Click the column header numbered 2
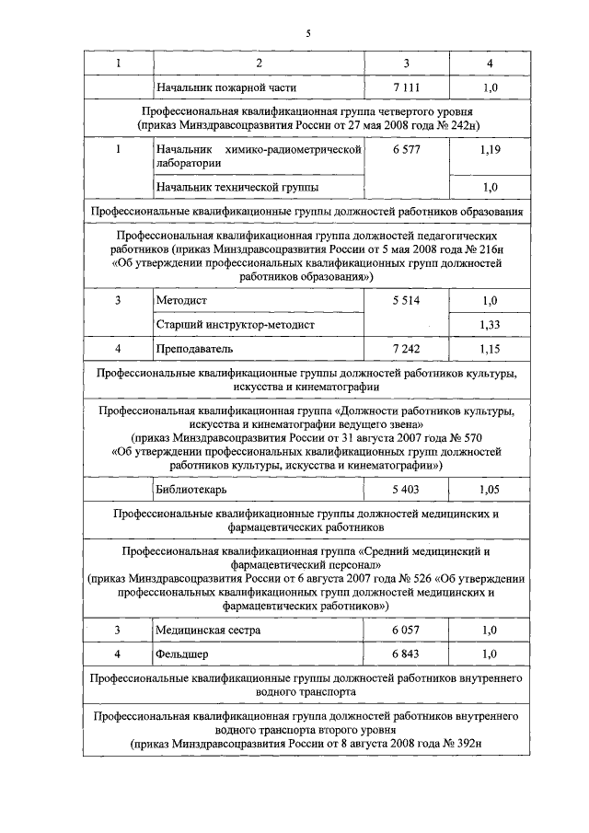pyautogui.click(x=259, y=63)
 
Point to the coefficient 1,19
pyautogui.click(x=490, y=148)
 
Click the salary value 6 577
pyautogui.click(x=406, y=148)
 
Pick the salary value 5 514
pyautogui.click(x=406, y=301)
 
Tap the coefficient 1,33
pyautogui.click(x=490, y=325)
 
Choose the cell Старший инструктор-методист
pyautogui.click(x=236, y=325)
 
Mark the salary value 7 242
pyautogui.click(x=406, y=349)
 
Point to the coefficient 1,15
pyautogui.click(x=490, y=349)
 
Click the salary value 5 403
pyautogui.click(x=406, y=490)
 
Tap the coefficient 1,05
pyautogui.click(x=490, y=490)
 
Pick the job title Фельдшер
pyautogui.click(x=182, y=654)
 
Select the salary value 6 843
pyautogui.click(x=406, y=654)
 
